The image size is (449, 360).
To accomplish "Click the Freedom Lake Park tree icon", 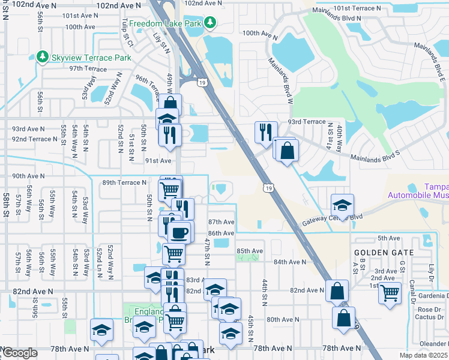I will point(209,23).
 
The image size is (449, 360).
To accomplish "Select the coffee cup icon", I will point(180,232).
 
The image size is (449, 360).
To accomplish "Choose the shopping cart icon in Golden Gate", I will point(390,293).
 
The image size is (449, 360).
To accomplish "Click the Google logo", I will point(19,353).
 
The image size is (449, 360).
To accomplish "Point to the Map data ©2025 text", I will point(423,355).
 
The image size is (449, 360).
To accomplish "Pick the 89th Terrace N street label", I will point(124,182).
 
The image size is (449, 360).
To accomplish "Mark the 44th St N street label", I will point(264,290).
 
